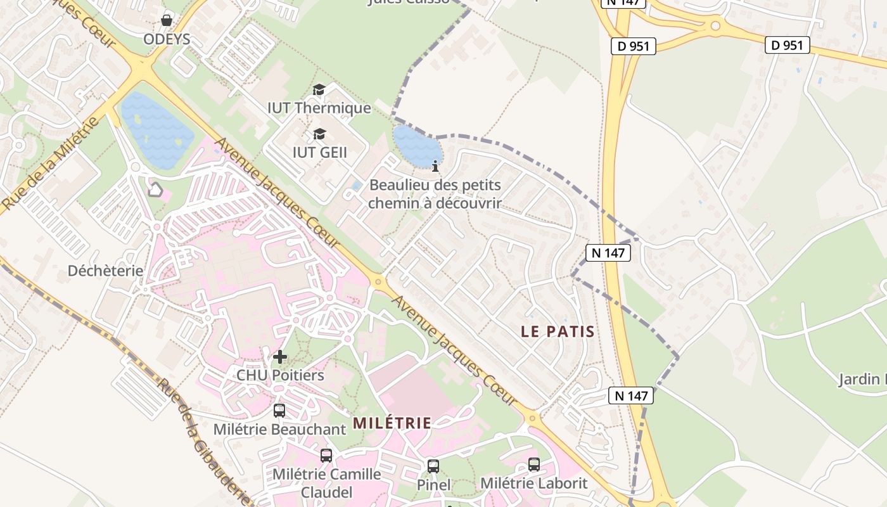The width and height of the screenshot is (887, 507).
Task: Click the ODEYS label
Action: click(167, 39)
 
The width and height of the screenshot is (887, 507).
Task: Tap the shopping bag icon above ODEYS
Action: click(167, 20)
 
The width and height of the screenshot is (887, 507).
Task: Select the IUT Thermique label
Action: click(319, 108)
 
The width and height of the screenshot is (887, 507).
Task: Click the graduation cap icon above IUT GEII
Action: click(319, 134)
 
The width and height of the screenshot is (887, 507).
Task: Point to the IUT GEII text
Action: click(319, 152)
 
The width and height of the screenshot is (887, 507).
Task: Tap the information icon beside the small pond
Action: click(435, 167)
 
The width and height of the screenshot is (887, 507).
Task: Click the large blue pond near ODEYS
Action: click(157, 130)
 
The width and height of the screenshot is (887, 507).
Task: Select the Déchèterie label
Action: click(105, 271)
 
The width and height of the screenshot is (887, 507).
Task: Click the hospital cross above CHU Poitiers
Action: click(279, 357)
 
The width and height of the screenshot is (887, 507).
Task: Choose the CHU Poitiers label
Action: click(280, 375)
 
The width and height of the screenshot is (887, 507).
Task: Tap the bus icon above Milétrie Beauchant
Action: click(279, 411)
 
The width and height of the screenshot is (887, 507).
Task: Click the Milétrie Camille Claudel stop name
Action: click(327, 483)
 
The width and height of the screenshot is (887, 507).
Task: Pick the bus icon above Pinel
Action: click(433, 466)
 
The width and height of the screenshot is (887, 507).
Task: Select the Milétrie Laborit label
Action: click(533, 483)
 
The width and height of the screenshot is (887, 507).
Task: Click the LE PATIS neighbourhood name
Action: click(558, 331)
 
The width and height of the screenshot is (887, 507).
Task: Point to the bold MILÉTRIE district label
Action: click(392, 423)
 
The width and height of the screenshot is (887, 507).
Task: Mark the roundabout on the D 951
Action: click(715, 26)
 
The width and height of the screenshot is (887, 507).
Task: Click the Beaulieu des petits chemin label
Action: click(435, 195)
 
